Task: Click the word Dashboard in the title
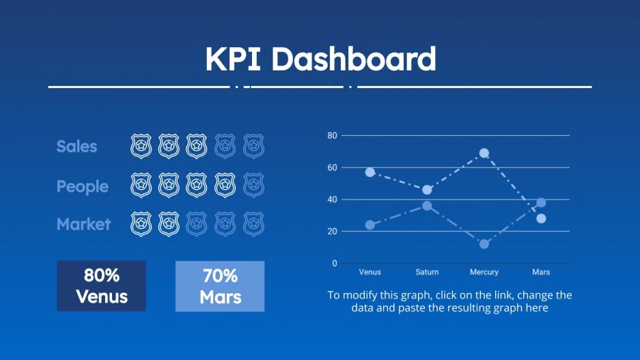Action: [x=353, y=59]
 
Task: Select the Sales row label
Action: [x=76, y=146]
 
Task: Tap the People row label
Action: [x=82, y=186]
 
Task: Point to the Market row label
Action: [x=83, y=224]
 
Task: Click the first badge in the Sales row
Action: [x=141, y=146]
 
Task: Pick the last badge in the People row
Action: [x=253, y=185]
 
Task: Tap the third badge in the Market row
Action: [x=197, y=224]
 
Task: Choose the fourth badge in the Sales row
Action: [x=225, y=146]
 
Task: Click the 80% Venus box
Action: [x=101, y=286]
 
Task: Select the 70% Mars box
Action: [x=220, y=286]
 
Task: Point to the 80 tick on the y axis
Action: [x=332, y=135]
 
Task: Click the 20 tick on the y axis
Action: [x=332, y=232]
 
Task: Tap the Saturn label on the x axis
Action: [x=427, y=272]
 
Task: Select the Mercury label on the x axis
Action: [x=484, y=272]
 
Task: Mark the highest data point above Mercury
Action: [x=484, y=153]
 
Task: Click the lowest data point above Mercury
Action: [x=484, y=244]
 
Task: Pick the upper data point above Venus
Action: [x=370, y=172]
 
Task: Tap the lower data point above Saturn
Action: [x=427, y=206]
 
